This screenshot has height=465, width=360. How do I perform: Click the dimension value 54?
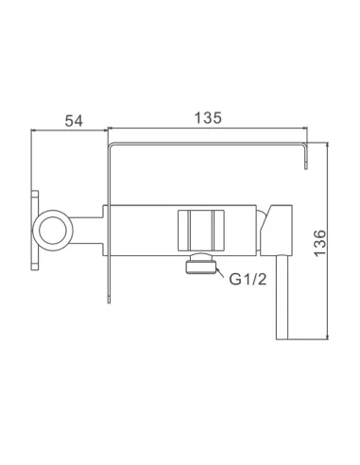point(74,121)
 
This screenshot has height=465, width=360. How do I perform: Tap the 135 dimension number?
point(208,118)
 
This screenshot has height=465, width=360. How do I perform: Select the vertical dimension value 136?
point(320,244)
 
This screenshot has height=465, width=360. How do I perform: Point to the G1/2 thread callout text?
point(248,279)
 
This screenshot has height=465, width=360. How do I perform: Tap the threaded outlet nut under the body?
point(201,264)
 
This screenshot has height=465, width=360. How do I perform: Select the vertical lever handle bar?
point(283,297)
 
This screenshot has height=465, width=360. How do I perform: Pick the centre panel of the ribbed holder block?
point(201,231)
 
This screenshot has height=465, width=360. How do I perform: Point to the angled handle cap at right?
point(277,230)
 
